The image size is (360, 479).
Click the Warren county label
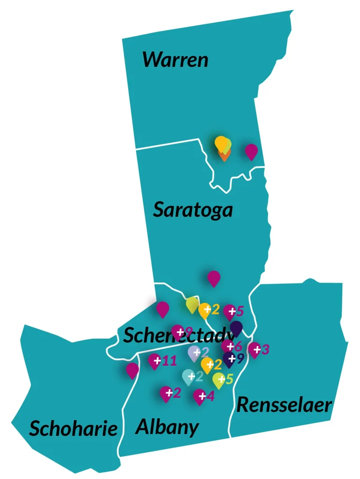[x=175, y=60]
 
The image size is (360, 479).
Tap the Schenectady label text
[x=178, y=335]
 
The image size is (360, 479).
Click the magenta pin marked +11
[x=155, y=361]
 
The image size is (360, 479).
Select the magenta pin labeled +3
[x=254, y=349]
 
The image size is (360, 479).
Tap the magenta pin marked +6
[x=228, y=346]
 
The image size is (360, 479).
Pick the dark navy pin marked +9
[x=229, y=359]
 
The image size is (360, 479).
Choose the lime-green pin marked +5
[x=218, y=380]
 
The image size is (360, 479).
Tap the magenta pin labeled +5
[x=230, y=311]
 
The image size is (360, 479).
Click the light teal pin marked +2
[x=188, y=376]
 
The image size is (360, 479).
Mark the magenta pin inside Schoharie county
[x=132, y=370]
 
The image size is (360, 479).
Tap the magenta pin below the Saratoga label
[x=214, y=278]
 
